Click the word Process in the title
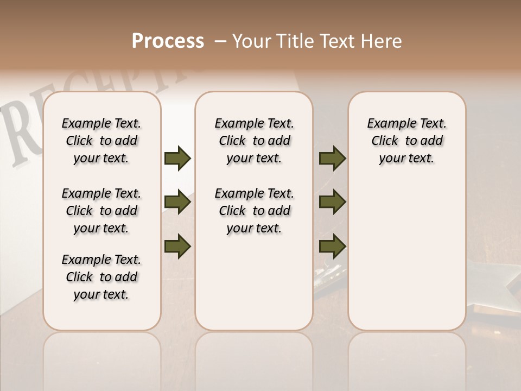point(168,41)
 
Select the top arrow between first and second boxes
point(177,159)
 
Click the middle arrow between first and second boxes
point(177,203)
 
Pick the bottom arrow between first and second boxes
point(177,246)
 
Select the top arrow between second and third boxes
point(333,159)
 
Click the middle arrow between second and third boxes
point(333,203)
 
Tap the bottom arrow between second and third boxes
point(333,246)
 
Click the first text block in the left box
point(101,141)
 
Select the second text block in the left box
point(101,211)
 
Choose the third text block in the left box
point(101,277)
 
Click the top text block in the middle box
point(254,141)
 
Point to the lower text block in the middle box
point(254,211)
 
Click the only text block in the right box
point(406,141)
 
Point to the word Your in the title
point(252,41)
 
